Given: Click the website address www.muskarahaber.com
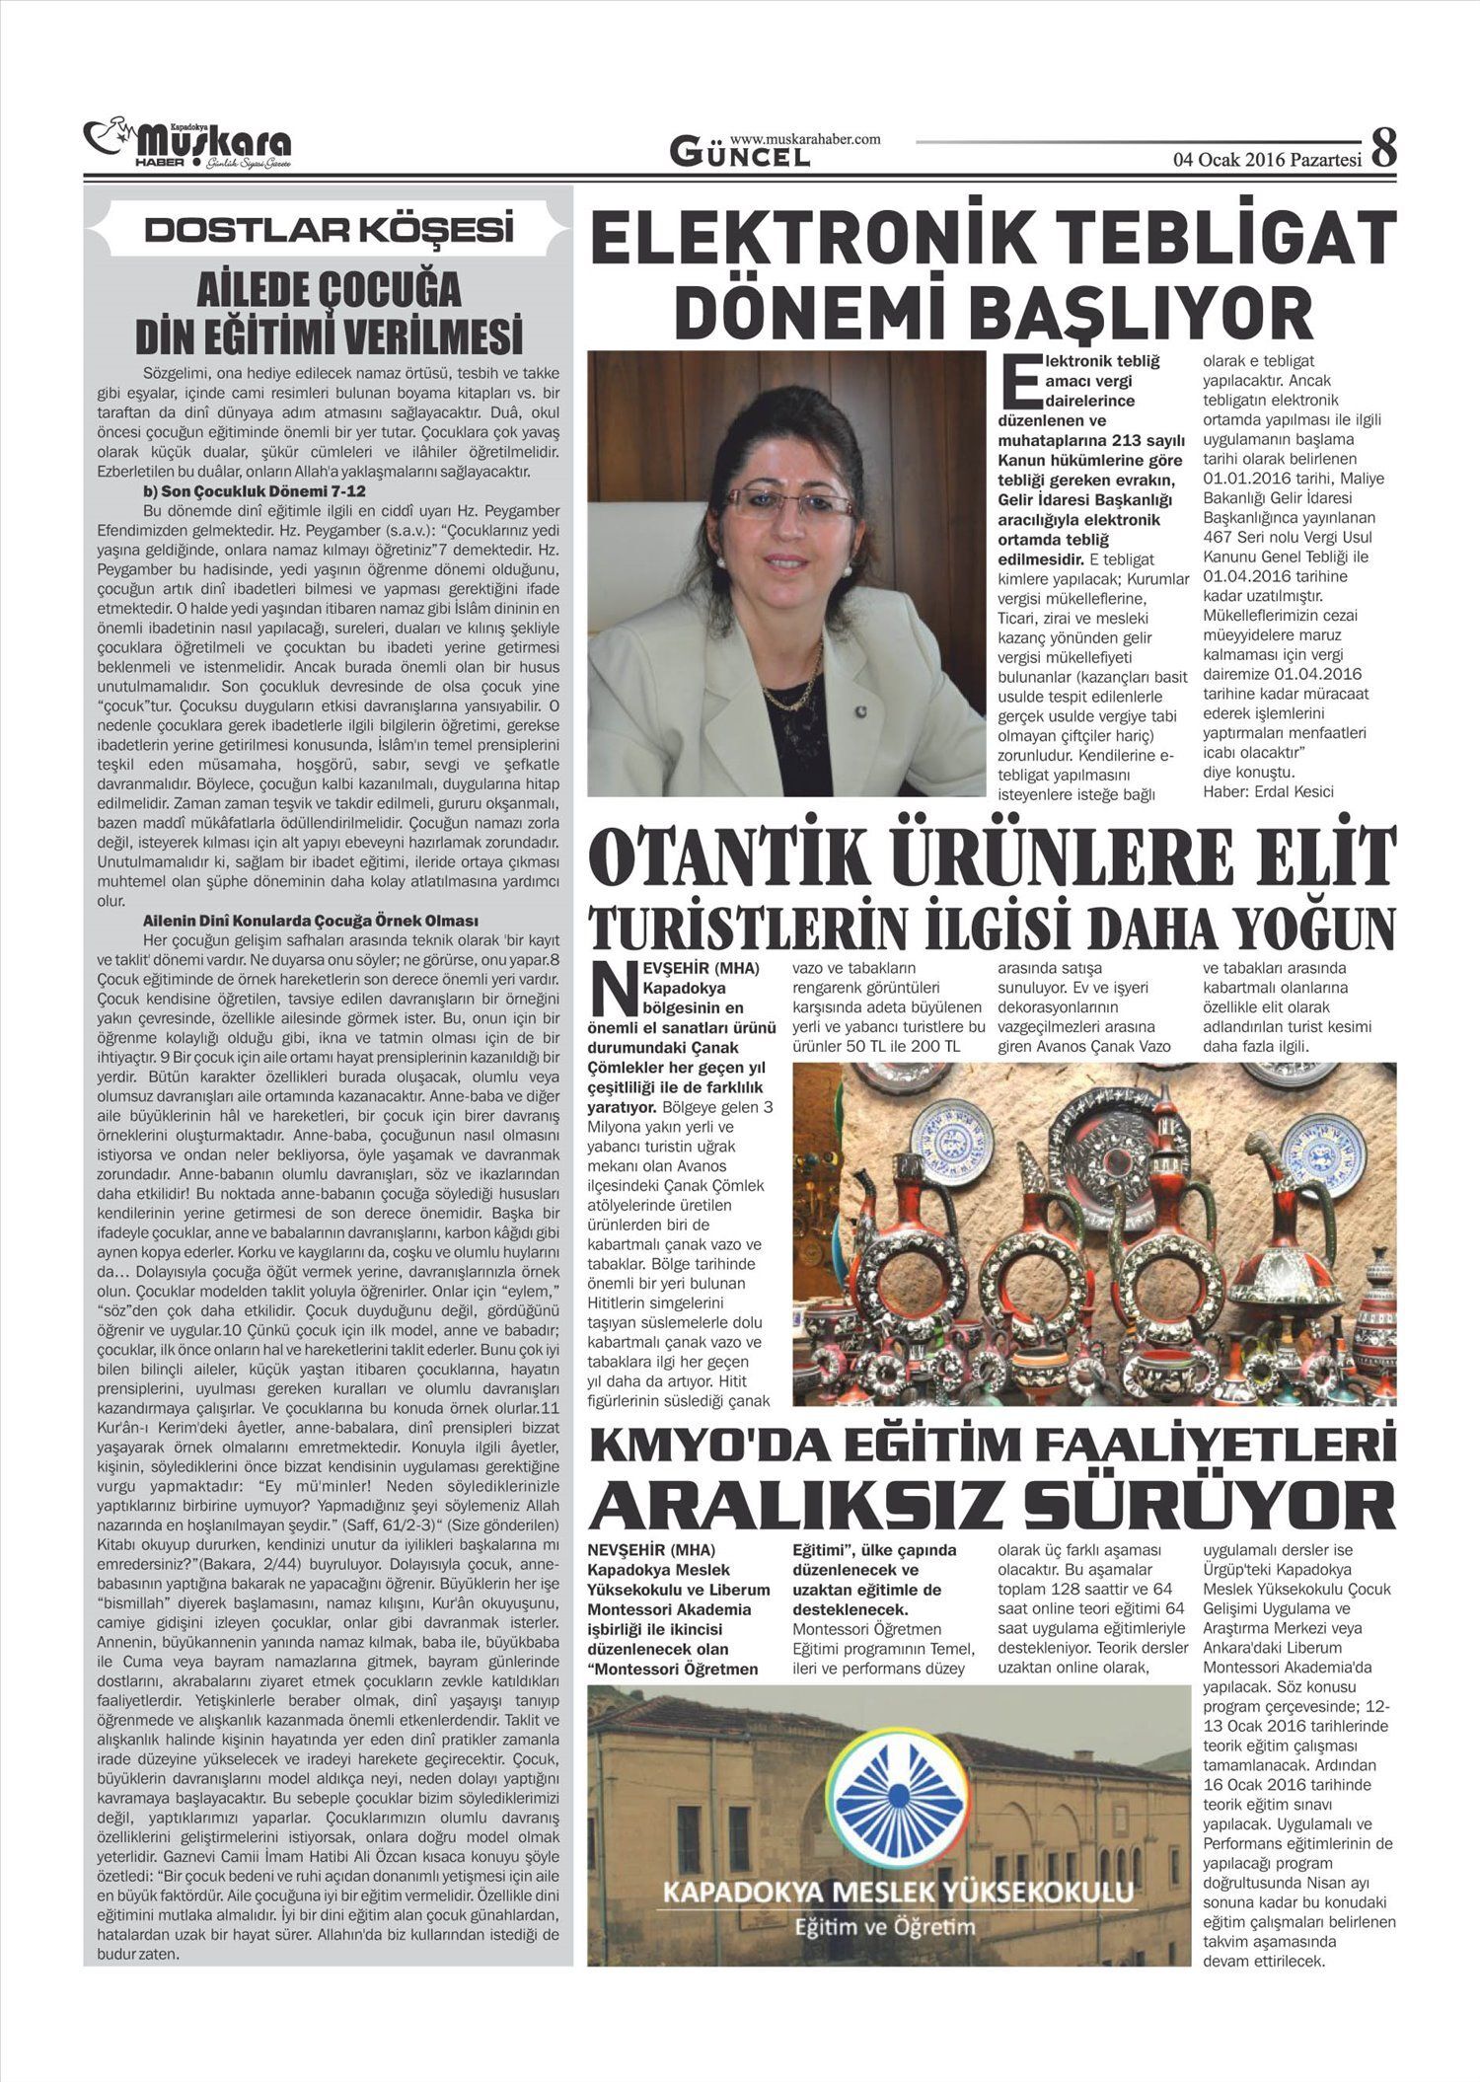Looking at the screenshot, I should [x=805, y=139].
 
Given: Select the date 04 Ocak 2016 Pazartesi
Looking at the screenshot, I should [x=1266, y=159].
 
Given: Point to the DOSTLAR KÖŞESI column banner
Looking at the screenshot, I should [x=329, y=230].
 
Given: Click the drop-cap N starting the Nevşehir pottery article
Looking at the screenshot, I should [x=613, y=989].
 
